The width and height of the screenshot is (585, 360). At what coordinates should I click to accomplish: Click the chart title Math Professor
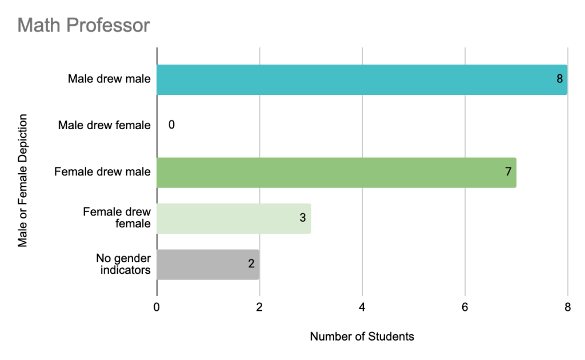click(83, 25)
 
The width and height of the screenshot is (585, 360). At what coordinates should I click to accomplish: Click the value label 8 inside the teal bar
click(560, 79)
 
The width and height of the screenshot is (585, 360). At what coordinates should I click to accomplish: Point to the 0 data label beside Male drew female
click(171, 125)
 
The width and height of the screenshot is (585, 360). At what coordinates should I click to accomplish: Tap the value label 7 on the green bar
click(508, 171)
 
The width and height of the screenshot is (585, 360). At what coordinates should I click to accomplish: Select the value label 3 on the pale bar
click(303, 218)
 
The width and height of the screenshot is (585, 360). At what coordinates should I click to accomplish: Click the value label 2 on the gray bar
click(251, 264)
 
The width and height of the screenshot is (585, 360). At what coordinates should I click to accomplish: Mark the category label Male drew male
click(109, 79)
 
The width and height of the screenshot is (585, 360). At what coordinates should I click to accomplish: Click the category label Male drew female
click(104, 125)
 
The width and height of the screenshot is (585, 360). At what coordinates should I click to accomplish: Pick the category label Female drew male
click(102, 171)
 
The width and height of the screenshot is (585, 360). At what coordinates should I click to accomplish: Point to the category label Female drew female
click(117, 218)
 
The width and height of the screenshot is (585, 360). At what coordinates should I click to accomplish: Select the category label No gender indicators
click(123, 264)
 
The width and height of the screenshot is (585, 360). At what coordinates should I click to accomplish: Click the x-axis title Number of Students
click(362, 337)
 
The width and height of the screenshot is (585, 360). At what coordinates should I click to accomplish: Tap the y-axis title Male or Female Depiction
click(23, 181)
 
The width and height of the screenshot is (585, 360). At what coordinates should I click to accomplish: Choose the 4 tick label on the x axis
click(362, 307)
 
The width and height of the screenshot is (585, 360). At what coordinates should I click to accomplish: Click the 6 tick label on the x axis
click(465, 307)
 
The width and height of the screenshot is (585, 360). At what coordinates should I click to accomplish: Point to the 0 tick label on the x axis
click(157, 307)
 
